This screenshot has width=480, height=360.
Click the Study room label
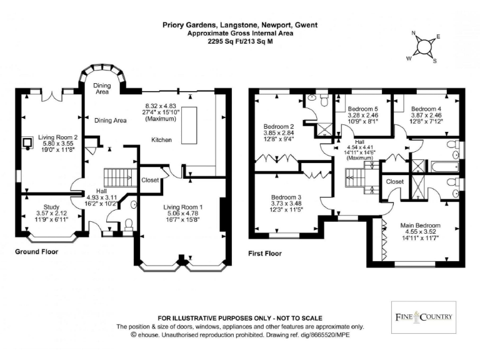point(51,207)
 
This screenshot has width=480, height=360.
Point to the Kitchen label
point(161,140)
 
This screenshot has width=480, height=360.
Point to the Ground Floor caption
point(37,252)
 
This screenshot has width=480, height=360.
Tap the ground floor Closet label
point(150,180)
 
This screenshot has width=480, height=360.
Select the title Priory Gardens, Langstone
point(239,26)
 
